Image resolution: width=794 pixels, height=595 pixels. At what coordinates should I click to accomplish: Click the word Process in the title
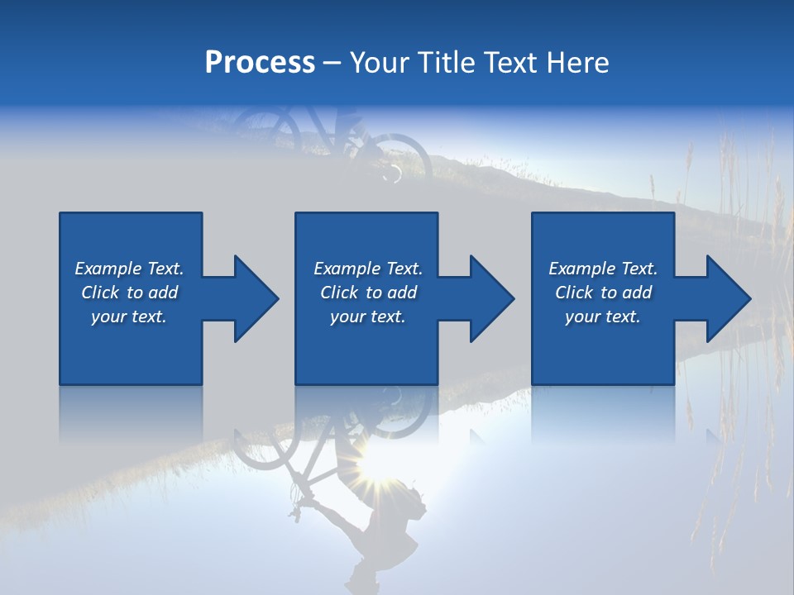pos(260,63)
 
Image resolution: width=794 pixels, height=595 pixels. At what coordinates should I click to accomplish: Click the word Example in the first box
pos(108,269)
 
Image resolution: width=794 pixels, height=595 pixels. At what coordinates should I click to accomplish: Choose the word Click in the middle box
pos(339,293)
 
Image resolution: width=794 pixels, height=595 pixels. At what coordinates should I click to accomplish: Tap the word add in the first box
pos(164,293)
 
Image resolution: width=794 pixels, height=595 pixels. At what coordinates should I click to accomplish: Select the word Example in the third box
pos(581,269)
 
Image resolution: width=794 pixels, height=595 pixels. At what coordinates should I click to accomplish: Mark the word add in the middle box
pos(402,293)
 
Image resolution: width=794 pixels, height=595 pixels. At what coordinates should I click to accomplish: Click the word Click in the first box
pos(100,293)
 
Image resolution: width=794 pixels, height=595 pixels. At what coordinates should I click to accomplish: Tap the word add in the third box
pos(637,293)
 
